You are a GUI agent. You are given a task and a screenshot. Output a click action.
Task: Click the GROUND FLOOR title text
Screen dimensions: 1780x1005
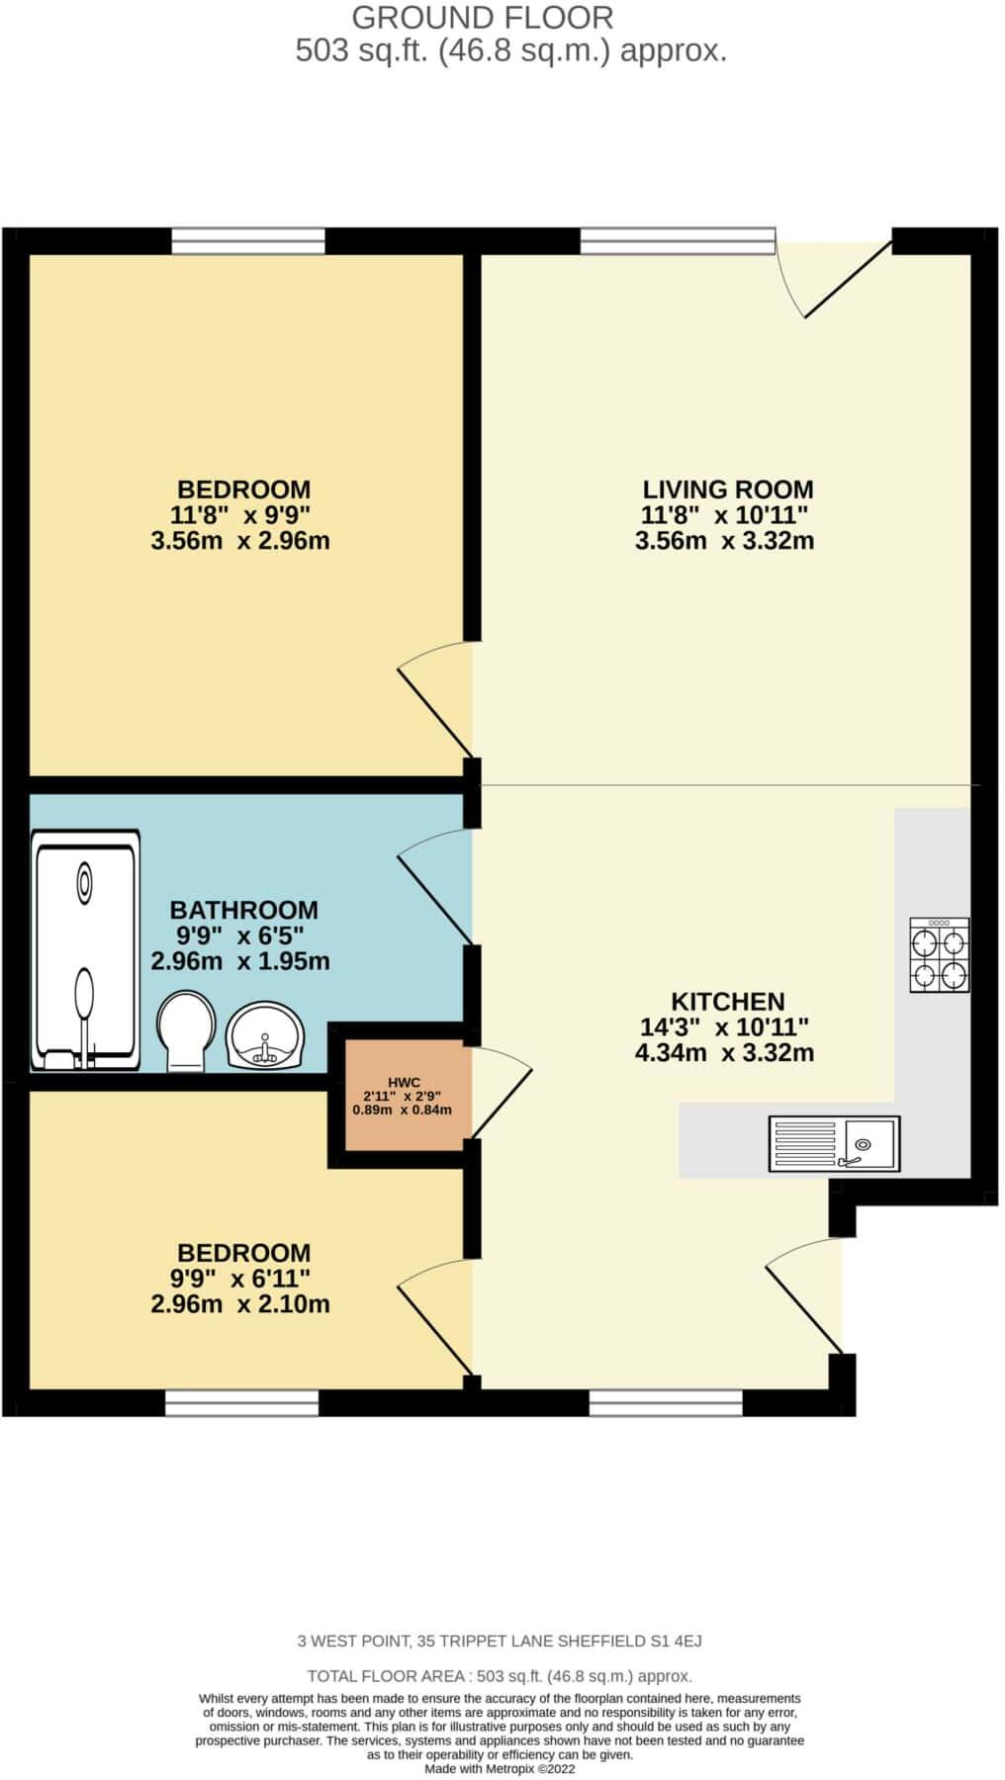483,17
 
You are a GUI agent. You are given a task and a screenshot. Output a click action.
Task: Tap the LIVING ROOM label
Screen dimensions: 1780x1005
727,489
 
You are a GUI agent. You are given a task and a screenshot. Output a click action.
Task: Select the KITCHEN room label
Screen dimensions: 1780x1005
727,1001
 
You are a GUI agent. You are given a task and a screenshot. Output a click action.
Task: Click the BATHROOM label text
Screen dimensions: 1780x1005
243,910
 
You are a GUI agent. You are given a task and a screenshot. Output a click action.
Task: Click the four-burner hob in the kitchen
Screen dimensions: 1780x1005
939,955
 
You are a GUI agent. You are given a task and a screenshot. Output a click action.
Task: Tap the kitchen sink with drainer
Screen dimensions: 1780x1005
834,1144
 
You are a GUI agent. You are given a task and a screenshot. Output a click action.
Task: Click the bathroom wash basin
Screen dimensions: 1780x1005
264,1035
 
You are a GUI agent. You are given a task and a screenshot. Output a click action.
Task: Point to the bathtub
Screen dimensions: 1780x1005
85,949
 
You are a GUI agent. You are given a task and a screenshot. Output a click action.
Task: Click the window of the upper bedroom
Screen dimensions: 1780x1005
248,240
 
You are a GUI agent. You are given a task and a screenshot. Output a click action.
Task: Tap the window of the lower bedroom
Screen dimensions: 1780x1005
241,1402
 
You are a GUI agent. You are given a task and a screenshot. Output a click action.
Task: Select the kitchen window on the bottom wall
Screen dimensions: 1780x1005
665,1402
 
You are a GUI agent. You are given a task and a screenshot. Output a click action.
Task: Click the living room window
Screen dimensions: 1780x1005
678,240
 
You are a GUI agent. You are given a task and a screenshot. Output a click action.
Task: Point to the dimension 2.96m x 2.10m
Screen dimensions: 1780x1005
239,1304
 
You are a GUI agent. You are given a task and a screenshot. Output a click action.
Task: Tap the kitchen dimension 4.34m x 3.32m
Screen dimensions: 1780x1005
724,1053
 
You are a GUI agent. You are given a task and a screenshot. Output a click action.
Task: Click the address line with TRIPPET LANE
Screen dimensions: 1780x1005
500,1642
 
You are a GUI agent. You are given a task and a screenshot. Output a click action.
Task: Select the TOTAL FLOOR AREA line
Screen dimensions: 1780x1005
500,1676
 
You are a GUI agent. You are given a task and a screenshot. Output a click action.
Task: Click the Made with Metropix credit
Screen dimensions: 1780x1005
500,1769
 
